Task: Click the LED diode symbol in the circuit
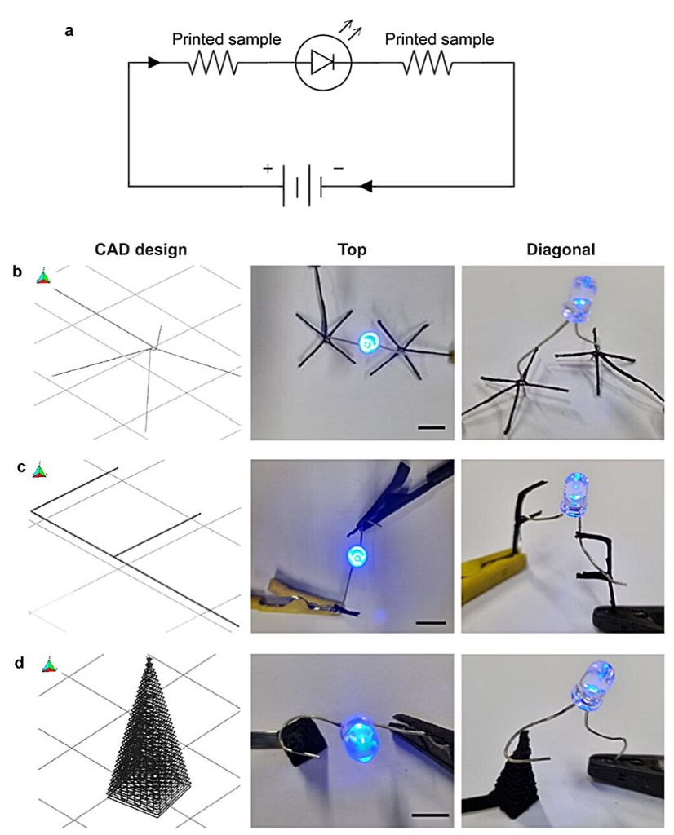pos(323,63)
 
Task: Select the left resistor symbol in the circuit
pos(214,63)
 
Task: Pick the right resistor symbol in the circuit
pos(428,63)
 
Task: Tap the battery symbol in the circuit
pos(303,187)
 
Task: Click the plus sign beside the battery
pos(268,168)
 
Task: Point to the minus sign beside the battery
pos(339,168)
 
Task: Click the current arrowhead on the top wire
pos(154,63)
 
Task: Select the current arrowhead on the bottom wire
pos(366,187)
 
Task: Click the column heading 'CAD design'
pos(140,250)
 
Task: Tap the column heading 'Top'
pos(353,250)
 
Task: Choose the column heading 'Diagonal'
pos(561,250)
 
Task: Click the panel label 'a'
pos(69,31)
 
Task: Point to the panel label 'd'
pos(20,664)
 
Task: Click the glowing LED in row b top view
pos(368,342)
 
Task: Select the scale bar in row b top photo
pos(431,427)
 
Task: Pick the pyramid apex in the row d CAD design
pos(149,659)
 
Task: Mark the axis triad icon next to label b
pos(43,276)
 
